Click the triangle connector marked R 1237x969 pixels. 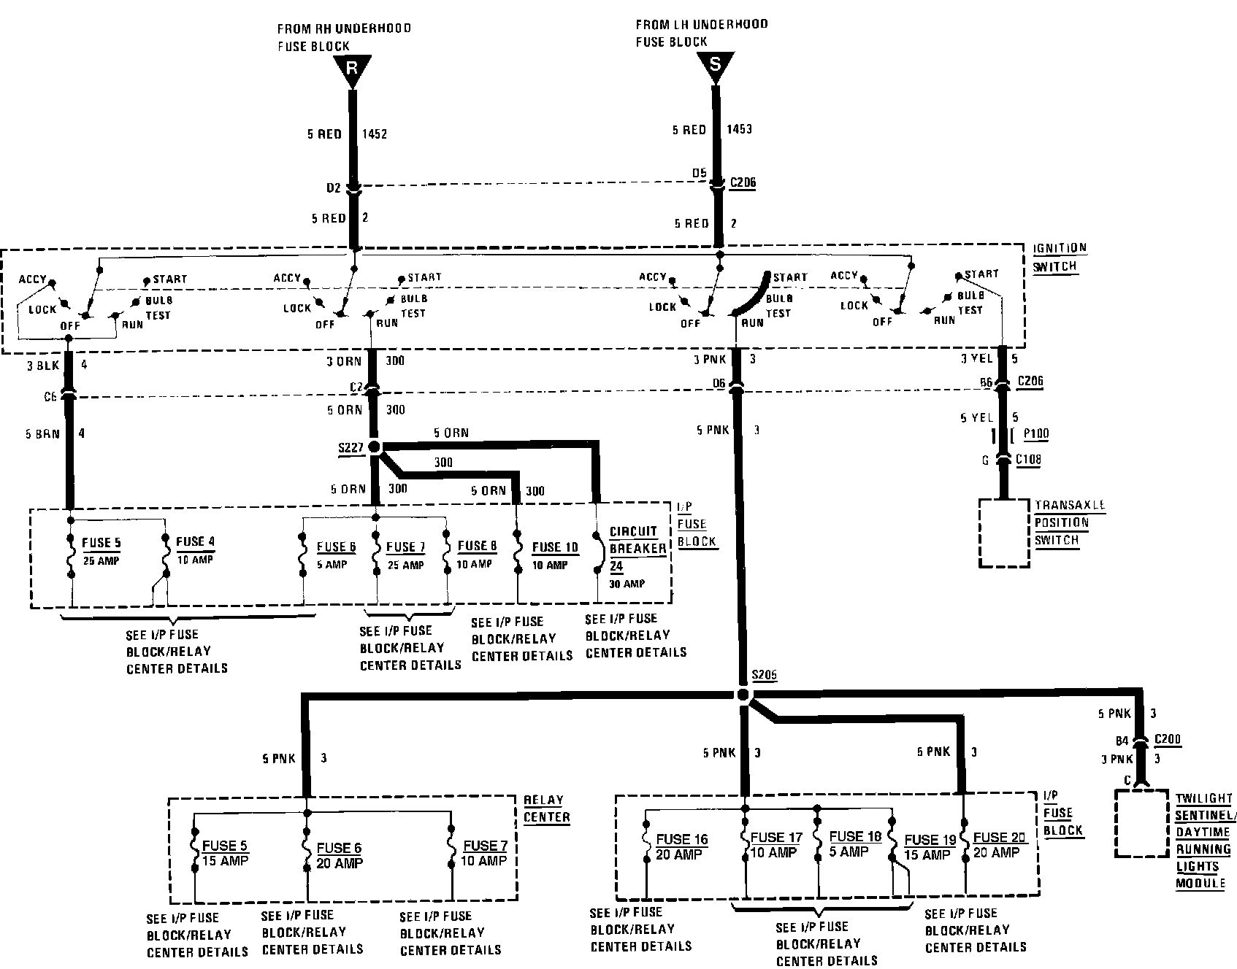point(352,69)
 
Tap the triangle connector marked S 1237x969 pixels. point(714,66)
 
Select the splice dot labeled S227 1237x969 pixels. point(375,447)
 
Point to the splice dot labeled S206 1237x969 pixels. point(743,694)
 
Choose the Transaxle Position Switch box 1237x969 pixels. point(1004,533)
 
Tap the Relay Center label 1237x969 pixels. point(546,808)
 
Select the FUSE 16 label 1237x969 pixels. point(682,840)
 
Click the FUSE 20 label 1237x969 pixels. point(1000,838)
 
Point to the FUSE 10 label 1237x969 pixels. point(555,547)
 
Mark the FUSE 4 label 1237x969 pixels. point(195,541)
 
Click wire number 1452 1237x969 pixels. point(374,134)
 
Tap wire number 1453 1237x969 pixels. point(739,129)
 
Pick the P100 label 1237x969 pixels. point(1035,434)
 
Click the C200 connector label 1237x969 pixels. point(1167,739)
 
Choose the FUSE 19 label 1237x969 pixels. point(930,841)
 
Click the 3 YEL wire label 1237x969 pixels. point(977,358)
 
